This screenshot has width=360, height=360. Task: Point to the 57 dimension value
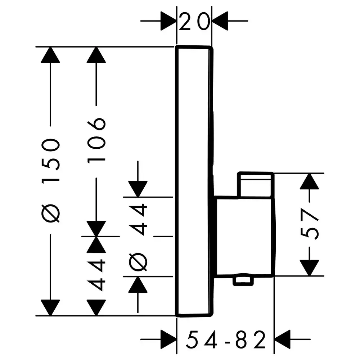click(310, 224)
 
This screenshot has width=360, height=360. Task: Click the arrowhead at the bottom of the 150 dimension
click(50, 307)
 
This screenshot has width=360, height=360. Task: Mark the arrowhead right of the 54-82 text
click(283, 339)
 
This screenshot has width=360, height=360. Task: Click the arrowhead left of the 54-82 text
click(168, 339)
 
